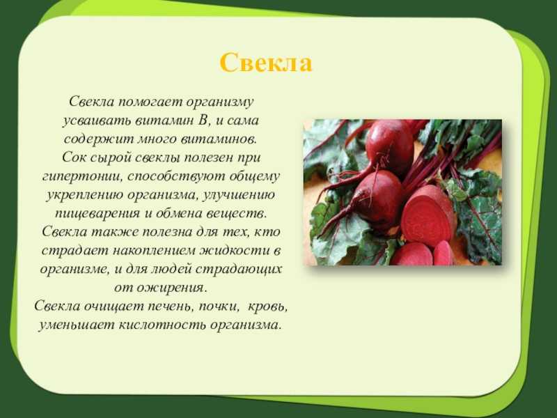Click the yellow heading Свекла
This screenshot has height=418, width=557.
point(266,63)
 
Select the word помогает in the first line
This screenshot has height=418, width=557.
point(150,102)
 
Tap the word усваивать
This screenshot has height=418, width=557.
point(97,121)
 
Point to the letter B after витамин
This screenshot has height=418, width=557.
point(203,120)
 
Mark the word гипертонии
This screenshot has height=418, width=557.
point(82,176)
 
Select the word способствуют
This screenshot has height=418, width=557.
point(175,176)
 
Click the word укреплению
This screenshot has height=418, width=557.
point(84,195)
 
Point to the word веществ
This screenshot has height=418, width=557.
point(239,213)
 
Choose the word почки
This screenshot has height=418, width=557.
point(218,306)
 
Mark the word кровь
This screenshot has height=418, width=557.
point(267,306)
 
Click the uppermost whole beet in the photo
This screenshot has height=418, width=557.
point(389,144)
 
